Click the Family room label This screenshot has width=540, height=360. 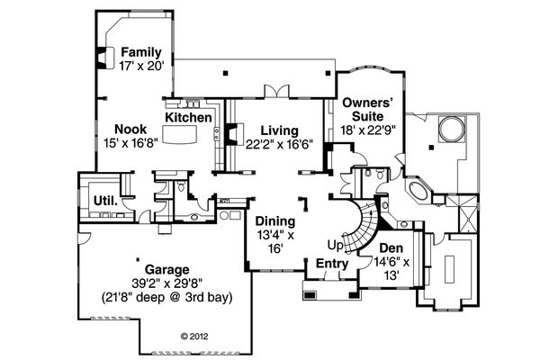pos(141,52)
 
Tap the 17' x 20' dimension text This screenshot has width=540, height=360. pos(141,66)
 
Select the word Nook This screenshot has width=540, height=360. pos(130,130)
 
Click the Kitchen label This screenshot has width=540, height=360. pos(188,118)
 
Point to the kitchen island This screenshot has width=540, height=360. pos(179,134)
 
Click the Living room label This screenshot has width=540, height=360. pos(279,130)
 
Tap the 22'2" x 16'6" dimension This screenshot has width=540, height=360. pos(279,144)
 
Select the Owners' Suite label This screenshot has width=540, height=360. pos(368,110)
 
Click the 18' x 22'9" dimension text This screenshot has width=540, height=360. pos(368,130)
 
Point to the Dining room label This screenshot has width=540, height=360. pos(275,221)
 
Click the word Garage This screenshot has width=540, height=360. pos(167,269)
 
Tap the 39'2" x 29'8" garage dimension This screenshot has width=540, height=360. pos(167,283)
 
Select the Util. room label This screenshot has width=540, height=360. pos(105,201)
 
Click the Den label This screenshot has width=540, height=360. pos(391,248)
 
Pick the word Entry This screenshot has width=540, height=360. pos(332,264)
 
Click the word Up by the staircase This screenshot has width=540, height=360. pos(336,246)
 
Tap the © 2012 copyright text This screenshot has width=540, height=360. pos(194,337)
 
